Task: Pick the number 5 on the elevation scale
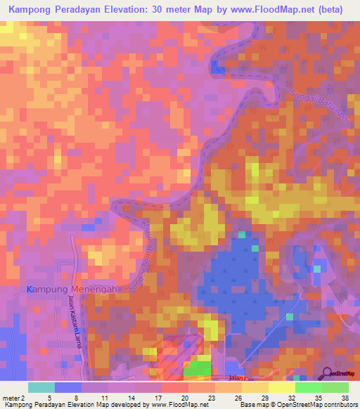pos(50,397)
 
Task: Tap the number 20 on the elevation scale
pos(184,397)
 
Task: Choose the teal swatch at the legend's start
pos(41,387)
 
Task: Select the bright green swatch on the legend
pos(308,387)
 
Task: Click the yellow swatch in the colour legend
pos(281,387)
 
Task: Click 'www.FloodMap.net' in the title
pos(267,11)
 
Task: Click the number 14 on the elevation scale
pos(130,397)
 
